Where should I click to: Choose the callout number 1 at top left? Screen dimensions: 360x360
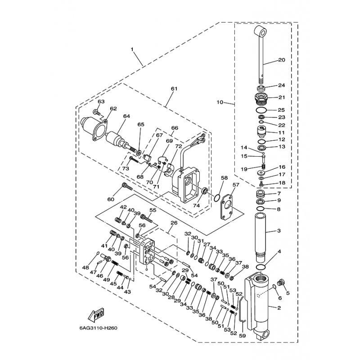click(x=132, y=48)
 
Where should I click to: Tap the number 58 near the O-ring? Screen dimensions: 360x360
click(x=224, y=179)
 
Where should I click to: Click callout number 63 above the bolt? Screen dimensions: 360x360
click(x=101, y=102)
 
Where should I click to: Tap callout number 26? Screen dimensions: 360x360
click(x=174, y=222)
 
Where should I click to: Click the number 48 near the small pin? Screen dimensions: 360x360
click(x=85, y=268)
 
